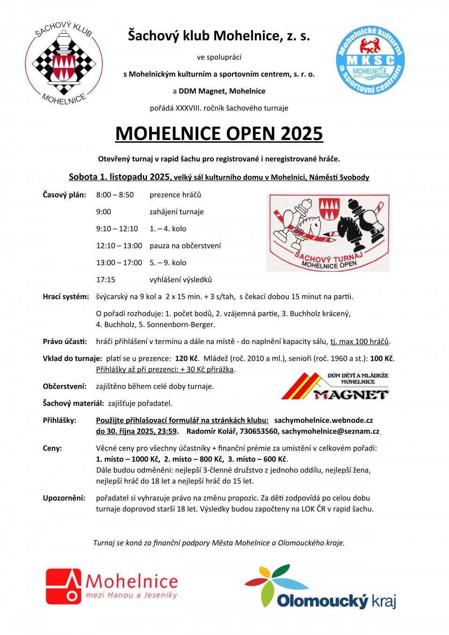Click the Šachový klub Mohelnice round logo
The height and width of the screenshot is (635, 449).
click(x=64, y=63)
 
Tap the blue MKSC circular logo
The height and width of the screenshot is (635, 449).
click(x=370, y=60)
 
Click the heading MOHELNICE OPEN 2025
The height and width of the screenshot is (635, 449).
click(x=219, y=134)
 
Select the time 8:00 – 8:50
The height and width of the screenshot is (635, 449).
click(x=115, y=195)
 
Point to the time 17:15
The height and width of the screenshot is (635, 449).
click(x=106, y=279)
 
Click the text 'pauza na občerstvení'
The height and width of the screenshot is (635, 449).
click(x=185, y=246)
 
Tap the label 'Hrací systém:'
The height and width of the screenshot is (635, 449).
click(x=66, y=297)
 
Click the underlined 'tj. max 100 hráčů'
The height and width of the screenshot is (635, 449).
click(x=360, y=342)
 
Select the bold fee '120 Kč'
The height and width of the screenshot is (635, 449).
click(x=187, y=358)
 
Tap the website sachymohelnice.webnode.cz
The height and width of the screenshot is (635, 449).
click(x=324, y=420)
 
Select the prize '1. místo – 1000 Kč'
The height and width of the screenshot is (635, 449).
click(x=128, y=459)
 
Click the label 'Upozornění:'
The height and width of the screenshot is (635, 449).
click(x=64, y=498)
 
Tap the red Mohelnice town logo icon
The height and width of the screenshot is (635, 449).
click(x=64, y=586)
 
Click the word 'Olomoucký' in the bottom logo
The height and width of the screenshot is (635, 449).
click(x=322, y=601)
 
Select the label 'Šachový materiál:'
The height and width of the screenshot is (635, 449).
click(x=73, y=403)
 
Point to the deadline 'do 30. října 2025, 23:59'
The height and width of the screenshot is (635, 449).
click(x=136, y=431)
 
